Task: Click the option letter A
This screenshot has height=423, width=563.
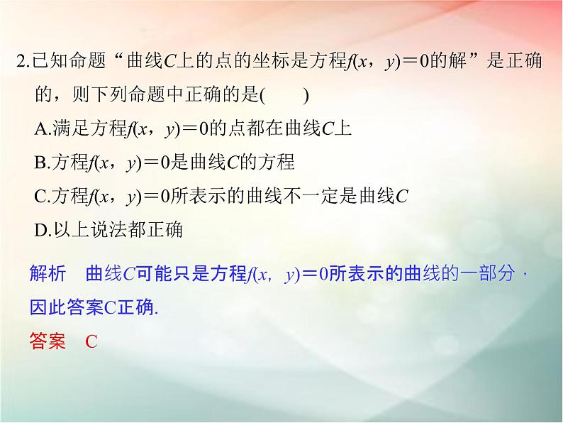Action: point(40,128)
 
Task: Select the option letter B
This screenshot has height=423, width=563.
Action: point(40,163)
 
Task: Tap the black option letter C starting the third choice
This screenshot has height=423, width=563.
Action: point(40,197)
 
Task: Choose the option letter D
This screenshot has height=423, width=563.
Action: point(40,230)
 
